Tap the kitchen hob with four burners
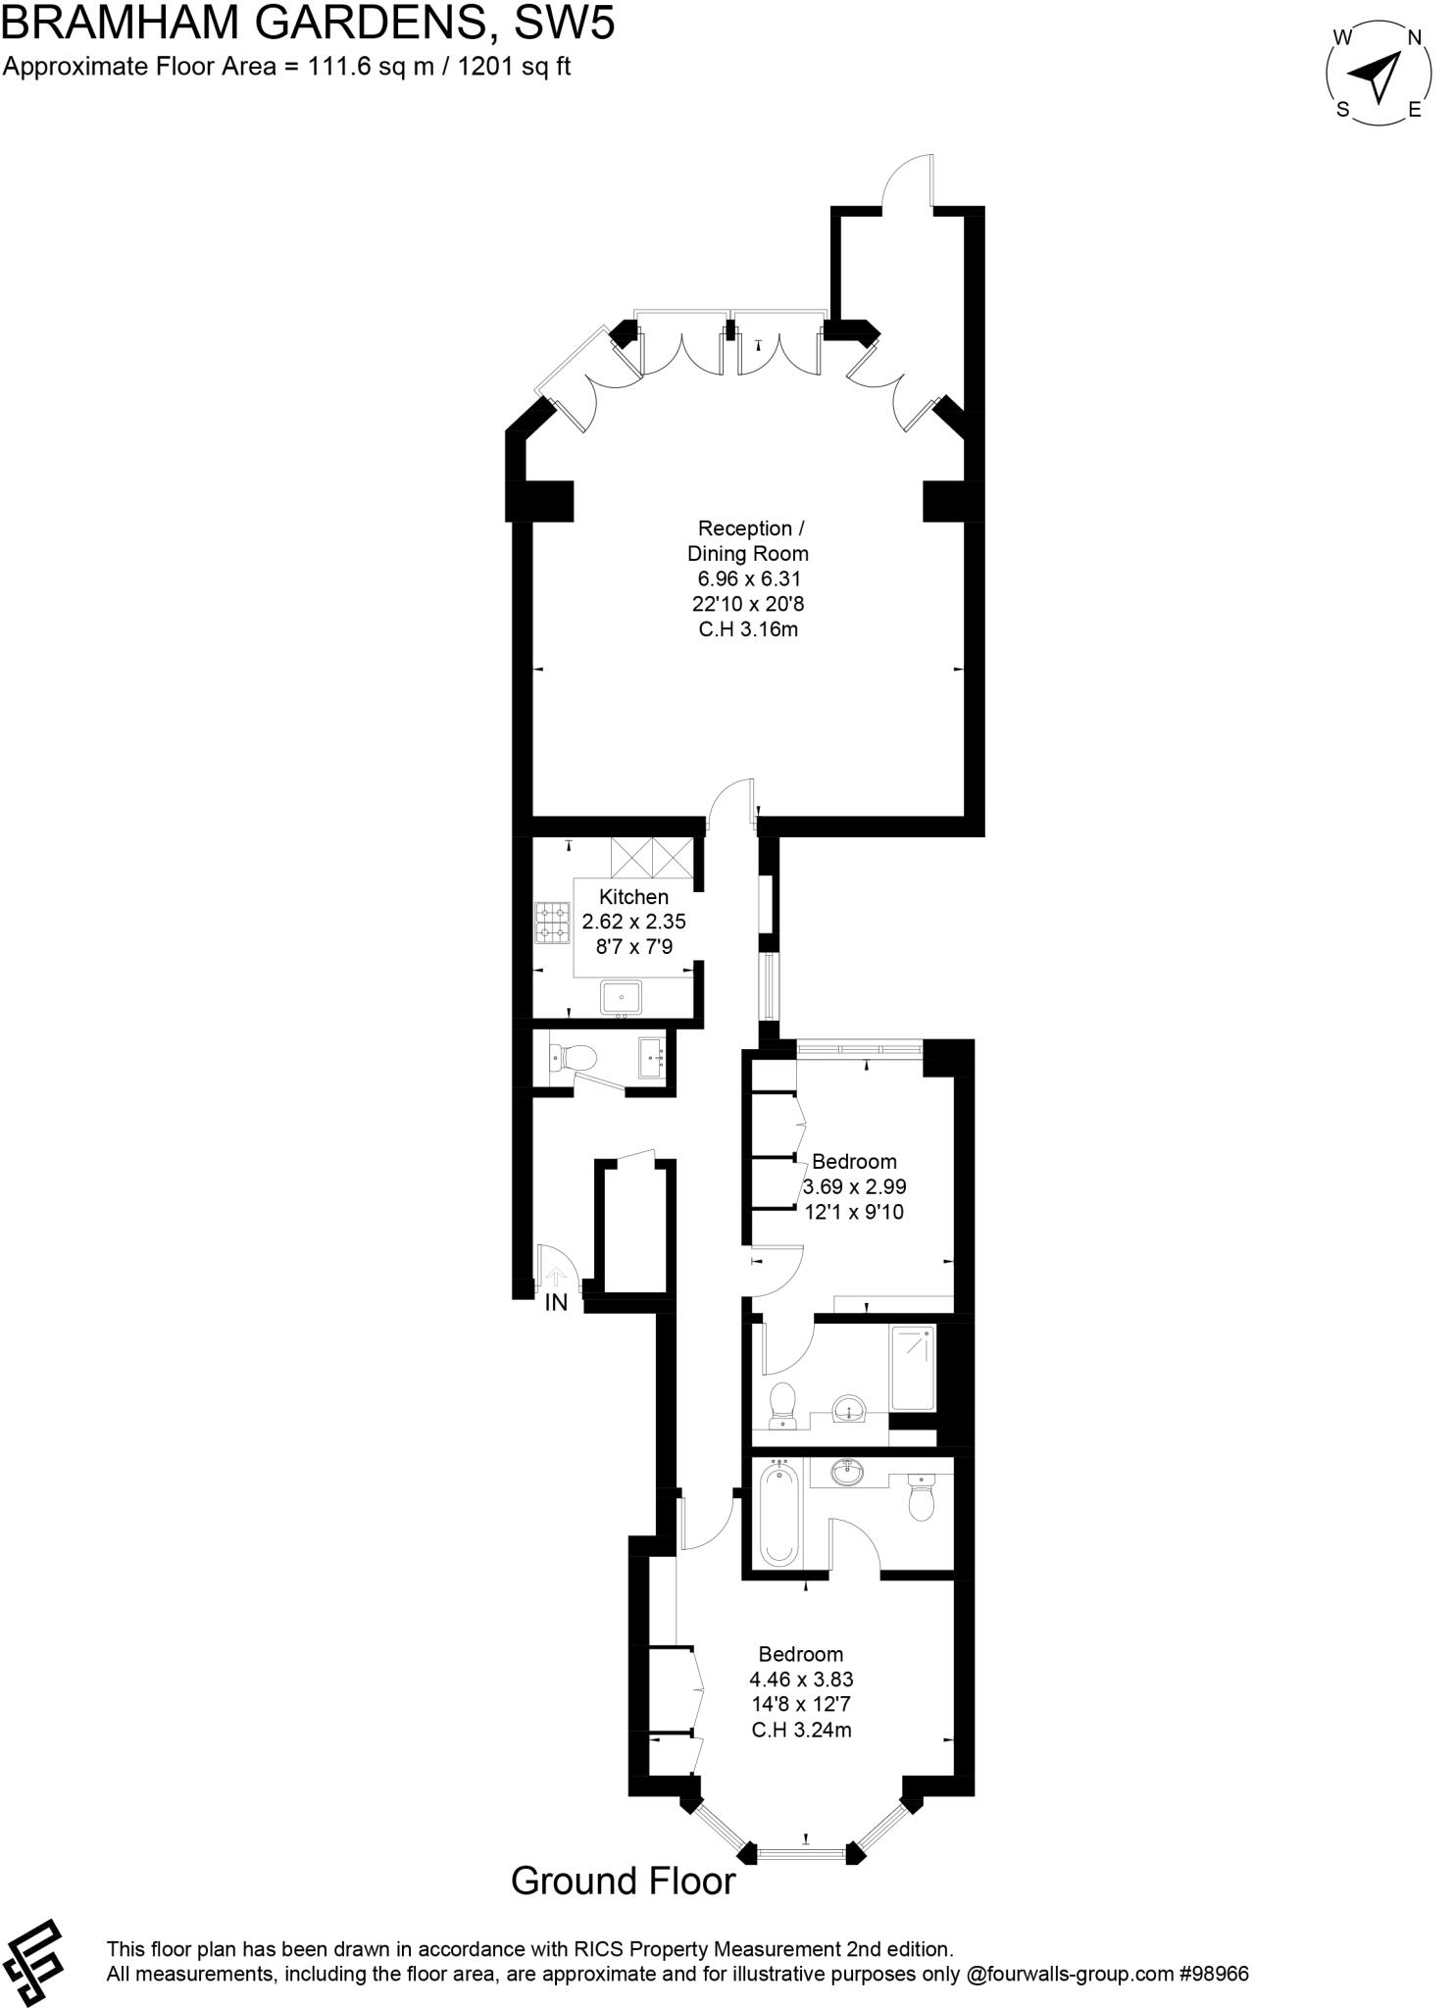pyautogui.click(x=552, y=923)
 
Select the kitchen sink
pyautogui.click(x=621, y=997)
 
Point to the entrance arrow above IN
pyautogui.click(x=555, y=1276)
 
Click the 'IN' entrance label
pyautogui.click(x=556, y=1303)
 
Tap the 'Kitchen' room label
pyautogui.click(x=633, y=896)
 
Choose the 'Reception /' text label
pyautogui.click(x=750, y=528)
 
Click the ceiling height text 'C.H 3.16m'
pyautogui.click(x=748, y=629)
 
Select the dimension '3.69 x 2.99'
pyautogui.click(x=854, y=1186)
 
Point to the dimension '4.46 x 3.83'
pyautogui.click(x=801, y=1680)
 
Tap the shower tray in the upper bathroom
pyautogui.click(x=913, y=1368)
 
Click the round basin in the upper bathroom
pyautogui.click(x=847, y=1410)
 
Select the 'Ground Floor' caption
pyautogui.click(x=623, y=1881)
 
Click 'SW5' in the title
pyautogui.click(x=566, y=24)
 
